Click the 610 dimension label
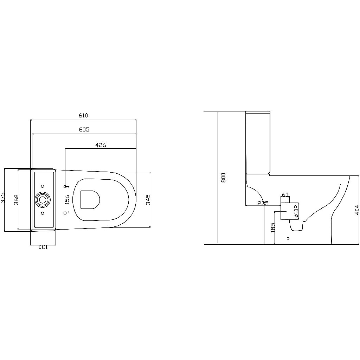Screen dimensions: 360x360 click(x=83, y=115)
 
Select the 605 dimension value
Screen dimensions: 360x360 click(x=84, y=129)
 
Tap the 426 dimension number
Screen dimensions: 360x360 click(x=101, y=144)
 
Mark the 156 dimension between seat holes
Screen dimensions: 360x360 click(x=67, y=200)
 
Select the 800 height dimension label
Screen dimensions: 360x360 click(x=223, y=178)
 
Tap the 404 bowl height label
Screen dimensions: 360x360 click(x=357, y=210)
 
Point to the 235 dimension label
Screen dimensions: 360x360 click(x=263, y=203)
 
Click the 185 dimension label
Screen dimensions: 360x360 click(x=273, y=227)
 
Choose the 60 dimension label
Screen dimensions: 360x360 click(x=285, y=194)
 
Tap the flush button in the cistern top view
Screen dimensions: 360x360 click(x=43, y=200)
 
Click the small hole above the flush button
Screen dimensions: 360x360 click(x=43, y=186)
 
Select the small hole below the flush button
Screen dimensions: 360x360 click(x=43, y=213)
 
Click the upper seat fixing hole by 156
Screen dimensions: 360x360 click(x=65, y=186)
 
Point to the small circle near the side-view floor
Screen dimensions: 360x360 click(x=288, y=238)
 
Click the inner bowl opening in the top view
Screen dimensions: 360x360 click(x=90, y=199)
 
